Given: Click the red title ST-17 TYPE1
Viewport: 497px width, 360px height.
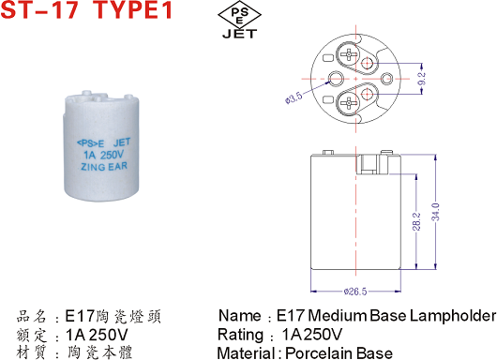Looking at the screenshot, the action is tap(86, 9).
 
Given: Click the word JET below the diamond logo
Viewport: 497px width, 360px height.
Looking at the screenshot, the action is tap(240, 34).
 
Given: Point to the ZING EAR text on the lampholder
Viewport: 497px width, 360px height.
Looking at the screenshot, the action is tap(104, 167).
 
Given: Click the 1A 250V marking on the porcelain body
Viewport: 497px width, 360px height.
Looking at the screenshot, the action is tap(103, 156).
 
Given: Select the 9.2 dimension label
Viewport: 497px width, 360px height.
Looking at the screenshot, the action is tap(422, 78).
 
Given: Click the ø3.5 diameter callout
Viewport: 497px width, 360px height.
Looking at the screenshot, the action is tap(294, 97).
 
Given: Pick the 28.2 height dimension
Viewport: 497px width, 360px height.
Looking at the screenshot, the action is tap(417, 221).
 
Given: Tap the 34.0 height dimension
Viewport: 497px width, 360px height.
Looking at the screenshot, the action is tap(436, 212).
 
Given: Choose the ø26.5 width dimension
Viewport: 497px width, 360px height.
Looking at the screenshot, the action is tap(355, 292).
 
